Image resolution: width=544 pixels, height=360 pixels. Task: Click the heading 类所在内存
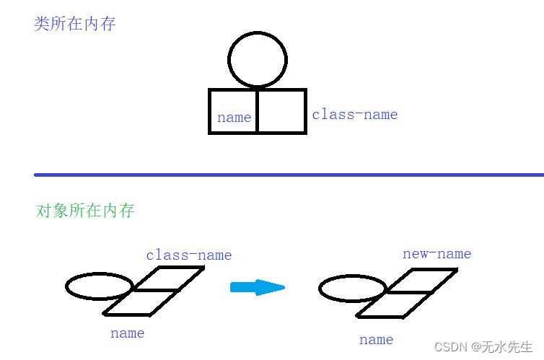pyautogui.click(x=74, y=24)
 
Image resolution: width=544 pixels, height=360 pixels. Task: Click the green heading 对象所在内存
pyautogui.click(x=85, y=211)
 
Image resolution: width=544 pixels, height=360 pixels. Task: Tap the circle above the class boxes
pyautogui.click(x=258, y=59)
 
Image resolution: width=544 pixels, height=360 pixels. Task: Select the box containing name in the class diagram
pyautogui.click(x=233, y=111)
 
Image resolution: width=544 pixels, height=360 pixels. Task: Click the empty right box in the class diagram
pyautogui.click(x=281, y=111)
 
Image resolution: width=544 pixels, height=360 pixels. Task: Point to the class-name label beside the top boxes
pyautogui.click(x=354, y=115)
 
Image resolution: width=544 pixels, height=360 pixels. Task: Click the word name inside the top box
pyautogui.click(x=234, y=118)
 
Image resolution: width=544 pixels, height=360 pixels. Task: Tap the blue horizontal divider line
pyautogui.click(x=289, y=175)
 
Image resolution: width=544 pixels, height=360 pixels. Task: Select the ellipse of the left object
pyautogui.click(x=99, y=286)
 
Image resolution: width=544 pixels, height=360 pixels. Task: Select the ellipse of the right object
pyautogui.click(x=351, y=289)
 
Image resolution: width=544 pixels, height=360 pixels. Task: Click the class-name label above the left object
pyautogui.click(x=188, y=255)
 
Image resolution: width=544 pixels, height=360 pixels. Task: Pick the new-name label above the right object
pyautogui.click(x=436, y=253)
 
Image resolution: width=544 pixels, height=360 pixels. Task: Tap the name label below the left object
pyautogui.click(x=127, y=333)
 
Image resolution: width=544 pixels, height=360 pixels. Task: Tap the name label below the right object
pyautogui.click(x=376, y=340)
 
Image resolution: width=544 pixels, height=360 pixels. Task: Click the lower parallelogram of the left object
pyautogui.click(x=141, y=303)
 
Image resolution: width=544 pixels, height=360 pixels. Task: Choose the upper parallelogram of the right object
pyautogui.click(x=423, y=281)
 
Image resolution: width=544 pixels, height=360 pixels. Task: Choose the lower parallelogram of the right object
pyautogui.click(x=394, y=305)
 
